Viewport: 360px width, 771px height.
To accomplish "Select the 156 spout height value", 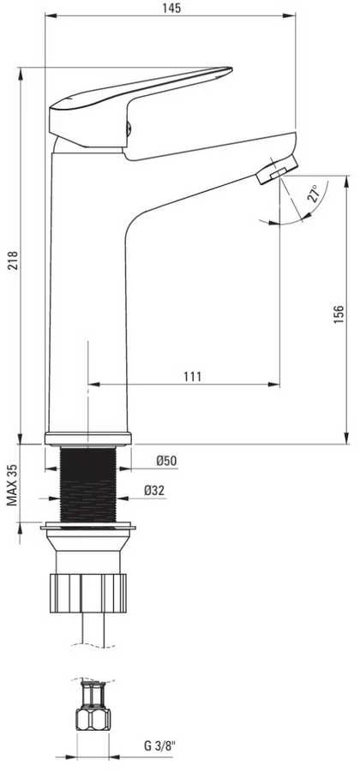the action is [x=339, y=314].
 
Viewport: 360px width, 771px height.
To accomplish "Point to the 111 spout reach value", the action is [x=193, y=377].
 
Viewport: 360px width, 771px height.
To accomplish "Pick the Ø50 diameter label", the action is [x=167, y=461].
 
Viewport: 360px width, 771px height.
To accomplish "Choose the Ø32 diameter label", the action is [x=154, y=490].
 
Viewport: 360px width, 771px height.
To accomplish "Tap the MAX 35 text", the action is [x=13, y=485].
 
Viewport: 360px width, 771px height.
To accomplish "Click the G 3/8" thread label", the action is [x=159, y=746].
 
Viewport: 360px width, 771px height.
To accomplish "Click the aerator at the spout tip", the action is [x=278, y=169].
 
